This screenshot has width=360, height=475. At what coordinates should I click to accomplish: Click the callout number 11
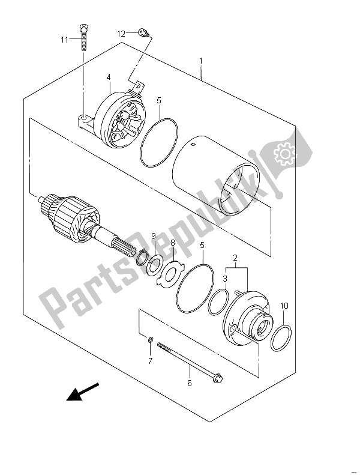[64, 40]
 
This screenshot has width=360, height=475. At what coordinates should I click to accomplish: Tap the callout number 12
[121, 34]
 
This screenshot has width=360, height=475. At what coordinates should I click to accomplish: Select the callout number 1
[201, 61]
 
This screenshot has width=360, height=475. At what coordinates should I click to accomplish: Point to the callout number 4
[109, 77]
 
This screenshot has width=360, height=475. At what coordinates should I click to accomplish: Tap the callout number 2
[235, 258]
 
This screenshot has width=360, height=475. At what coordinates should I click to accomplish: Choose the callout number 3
[225, 279]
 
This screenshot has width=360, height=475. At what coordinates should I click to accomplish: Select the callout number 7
[151, 361]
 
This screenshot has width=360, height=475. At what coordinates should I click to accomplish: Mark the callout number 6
[190, 383]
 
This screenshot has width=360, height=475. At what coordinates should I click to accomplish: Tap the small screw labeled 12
[143, 32]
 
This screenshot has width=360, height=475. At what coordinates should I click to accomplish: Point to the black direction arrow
[83, 392]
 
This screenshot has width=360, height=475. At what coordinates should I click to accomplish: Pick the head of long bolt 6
[219, 378]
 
